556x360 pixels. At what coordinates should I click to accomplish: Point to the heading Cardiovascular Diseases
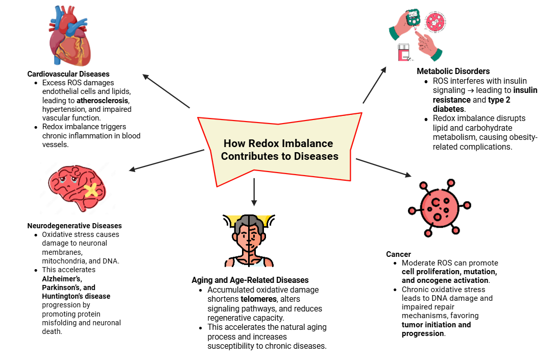(x=68, y=74)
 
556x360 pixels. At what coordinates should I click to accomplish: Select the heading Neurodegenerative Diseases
(x=75, y=226)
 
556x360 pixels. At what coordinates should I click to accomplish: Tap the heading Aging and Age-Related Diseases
(x=250, y=280)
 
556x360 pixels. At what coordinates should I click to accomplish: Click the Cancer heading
(x=399, y=254)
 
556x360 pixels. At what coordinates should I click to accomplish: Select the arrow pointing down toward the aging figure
(x=254, y=192)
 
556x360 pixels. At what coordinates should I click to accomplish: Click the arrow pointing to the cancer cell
(x=383, y=167)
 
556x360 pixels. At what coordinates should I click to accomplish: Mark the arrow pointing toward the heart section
(x=166, y=91)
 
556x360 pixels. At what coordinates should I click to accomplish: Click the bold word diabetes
(x=448, y=109)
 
